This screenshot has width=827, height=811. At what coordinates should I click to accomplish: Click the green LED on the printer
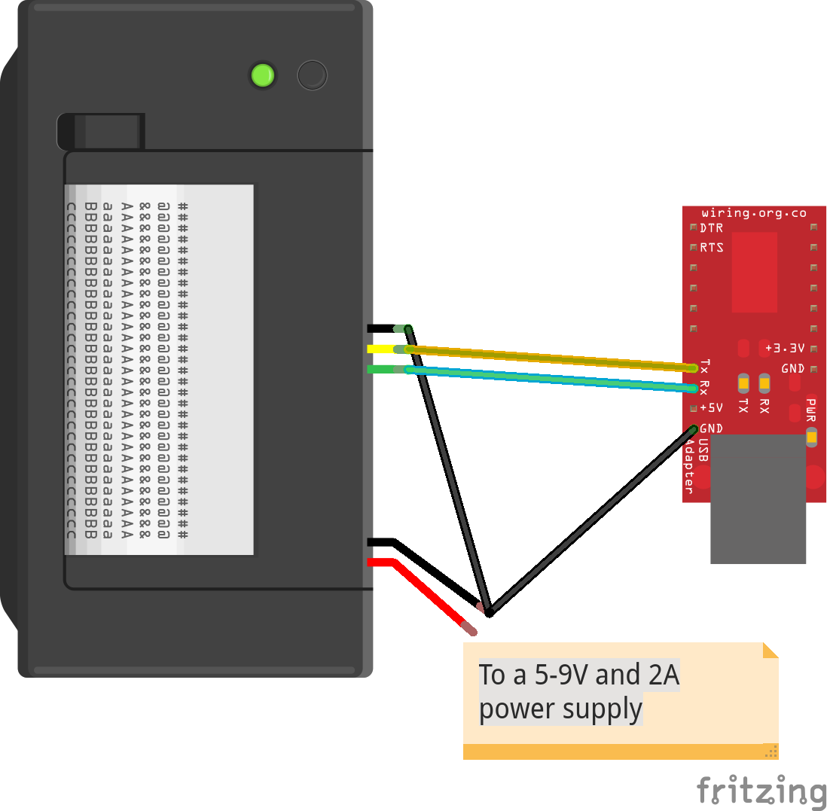click(x=262, y=75)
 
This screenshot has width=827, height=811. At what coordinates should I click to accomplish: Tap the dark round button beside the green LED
click(x=312, y=75)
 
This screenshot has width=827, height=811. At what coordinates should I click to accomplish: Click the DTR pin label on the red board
click(x=712, y=227)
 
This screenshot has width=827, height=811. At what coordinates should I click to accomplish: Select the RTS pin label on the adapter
click(x=712, y=247)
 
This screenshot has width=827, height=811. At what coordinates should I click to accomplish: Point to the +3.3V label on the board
click(x=785, y=348)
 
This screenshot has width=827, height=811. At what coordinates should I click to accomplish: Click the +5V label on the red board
click(x=711, y=408)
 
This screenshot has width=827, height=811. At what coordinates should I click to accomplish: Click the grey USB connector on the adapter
click(x=758, y=498)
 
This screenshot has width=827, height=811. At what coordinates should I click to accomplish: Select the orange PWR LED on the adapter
click(x=811, y=437)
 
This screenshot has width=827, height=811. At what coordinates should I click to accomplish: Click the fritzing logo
click(x=761, y=791)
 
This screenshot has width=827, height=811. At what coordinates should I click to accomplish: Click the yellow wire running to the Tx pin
click(x=550, y=358)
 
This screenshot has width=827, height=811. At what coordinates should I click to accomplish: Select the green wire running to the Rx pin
click(x=550, y=379)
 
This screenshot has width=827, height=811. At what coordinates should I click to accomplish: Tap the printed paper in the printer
click(x=159, y=369)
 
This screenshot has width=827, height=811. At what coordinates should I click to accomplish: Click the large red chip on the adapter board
click(x=754, y=272)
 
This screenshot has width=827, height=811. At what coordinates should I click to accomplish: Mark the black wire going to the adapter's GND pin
click(x=591, y=520)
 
